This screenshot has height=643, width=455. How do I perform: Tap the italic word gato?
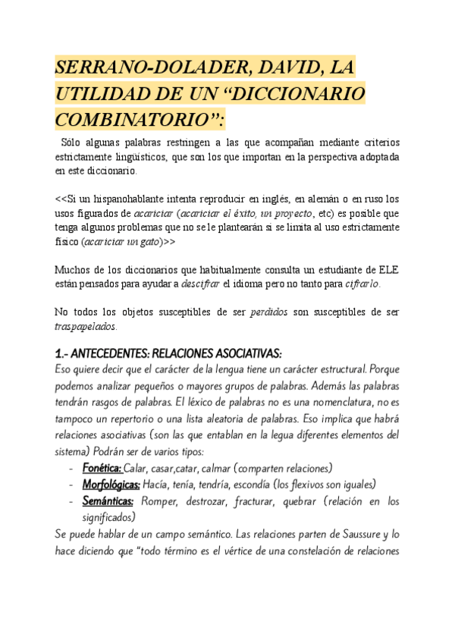coord(143,242)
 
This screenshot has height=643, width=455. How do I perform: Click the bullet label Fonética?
coord(101,468)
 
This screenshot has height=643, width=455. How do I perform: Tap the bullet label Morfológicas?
coord(111,484)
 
